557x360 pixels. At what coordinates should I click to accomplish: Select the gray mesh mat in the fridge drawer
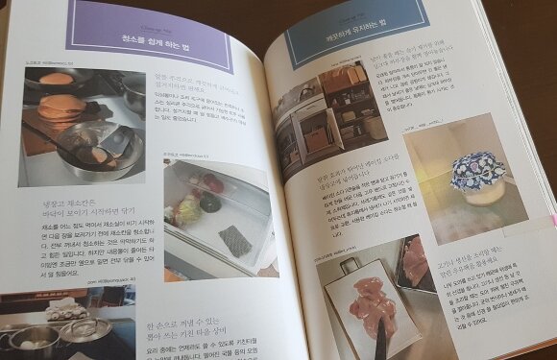pos(234,239)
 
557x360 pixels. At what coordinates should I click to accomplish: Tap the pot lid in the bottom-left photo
pos(82,331)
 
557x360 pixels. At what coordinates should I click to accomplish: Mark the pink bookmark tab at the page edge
pos(553,220)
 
